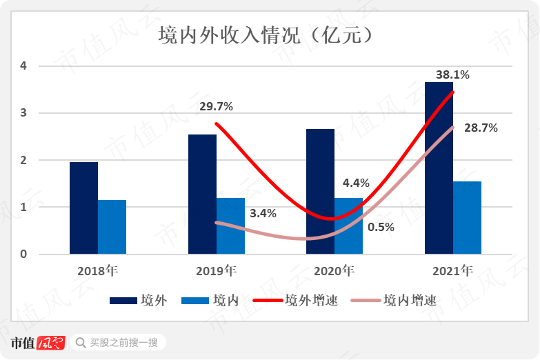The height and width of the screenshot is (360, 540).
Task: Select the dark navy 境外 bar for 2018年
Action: [83, 208]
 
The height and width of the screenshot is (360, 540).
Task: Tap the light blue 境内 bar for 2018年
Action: [112, 227]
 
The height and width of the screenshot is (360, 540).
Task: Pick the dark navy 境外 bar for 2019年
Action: [202, 194]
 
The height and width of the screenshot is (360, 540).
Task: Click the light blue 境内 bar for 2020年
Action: [348, 226]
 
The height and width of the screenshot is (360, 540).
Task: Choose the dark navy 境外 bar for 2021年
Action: [439, 168]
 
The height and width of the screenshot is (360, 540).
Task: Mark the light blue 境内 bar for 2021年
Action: [467, 217]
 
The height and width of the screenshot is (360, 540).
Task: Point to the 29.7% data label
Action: [216, 107]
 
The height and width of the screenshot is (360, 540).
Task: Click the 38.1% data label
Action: [452, 74]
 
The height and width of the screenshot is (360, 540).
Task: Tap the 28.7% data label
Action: [481, 128]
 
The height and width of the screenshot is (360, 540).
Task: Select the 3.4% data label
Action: [263, 213]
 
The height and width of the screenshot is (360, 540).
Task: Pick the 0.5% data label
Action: [381, 228]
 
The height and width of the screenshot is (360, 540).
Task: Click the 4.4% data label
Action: [356, 183]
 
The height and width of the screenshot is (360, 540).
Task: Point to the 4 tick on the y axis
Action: [23, 66]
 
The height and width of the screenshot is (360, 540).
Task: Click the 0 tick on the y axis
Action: [23, 254]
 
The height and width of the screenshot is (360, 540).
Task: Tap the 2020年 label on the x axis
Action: [334, 271]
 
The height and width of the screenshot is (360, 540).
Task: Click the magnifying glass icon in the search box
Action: [81, 343]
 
